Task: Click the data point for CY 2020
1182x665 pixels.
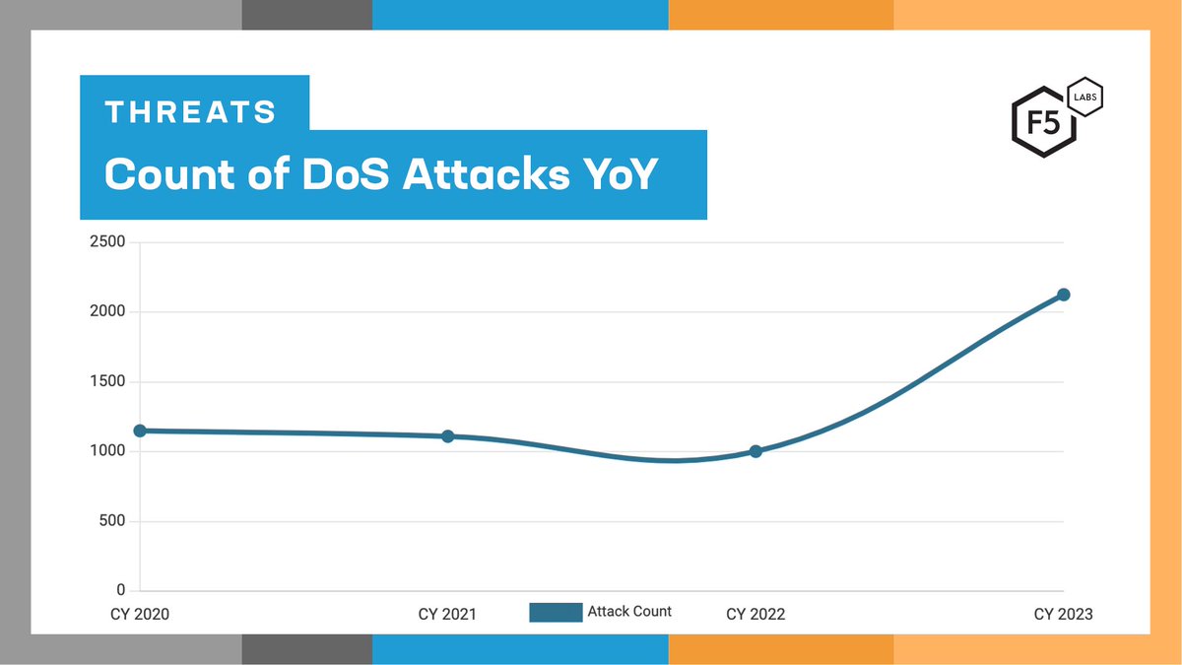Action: (140, 431)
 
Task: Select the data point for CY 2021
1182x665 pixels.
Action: (447, 436)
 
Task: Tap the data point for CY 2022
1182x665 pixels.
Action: (755, 451)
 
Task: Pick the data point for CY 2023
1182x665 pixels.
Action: (1064, 295)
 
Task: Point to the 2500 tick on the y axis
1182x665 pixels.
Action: (108, 242)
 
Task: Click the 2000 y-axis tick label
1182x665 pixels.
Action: (108, 312)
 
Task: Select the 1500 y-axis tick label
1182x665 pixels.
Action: (108, 382)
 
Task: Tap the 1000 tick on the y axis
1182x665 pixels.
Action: (108, 451)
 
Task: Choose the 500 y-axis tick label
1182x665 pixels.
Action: (113, 521)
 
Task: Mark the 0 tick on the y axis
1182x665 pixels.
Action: (121, 590)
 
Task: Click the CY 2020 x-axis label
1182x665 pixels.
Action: (139, 614)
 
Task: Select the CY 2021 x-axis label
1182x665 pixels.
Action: (447, 614)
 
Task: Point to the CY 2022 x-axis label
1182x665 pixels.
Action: (755, 614)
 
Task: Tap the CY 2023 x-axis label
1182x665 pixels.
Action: (1063, 614)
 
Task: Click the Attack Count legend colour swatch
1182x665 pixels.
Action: (556, 612)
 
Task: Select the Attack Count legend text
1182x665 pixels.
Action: (629, 611)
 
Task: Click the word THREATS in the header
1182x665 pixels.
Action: (191, 111)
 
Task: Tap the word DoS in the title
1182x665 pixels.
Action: (348, 174)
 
